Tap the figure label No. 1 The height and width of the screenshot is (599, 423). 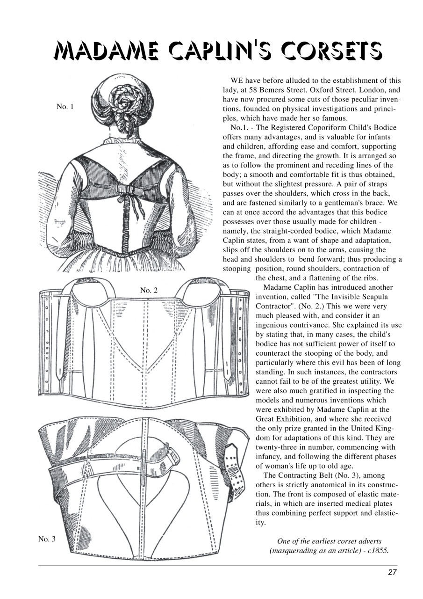click(65, 107)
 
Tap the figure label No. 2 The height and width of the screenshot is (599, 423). click(149, 290)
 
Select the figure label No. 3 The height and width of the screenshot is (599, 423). click(47, 539)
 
